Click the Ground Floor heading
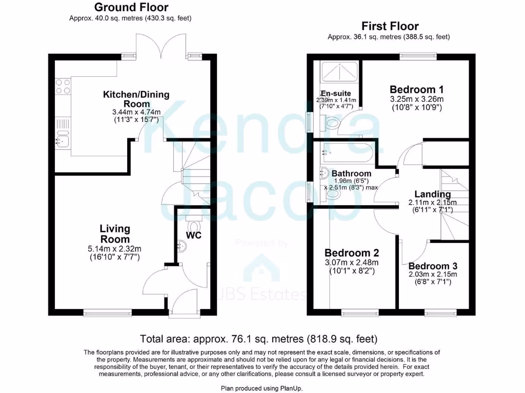pyautogui.click(x=131, y=7)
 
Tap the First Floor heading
pyautogui.click(x=390, y=26)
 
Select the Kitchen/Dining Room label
pyautogui.click(x=136, y=99)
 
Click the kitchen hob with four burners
pyautogui.click(x=63, y=86)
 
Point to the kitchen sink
pyautogui.click(x=63, y=138)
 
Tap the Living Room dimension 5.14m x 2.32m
pyautogui.click(x=115, y=248)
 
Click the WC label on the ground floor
pyautogui.click(x=194, y=236)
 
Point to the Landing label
pyautogui.click(x=433, y=194)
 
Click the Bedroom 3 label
pyautogui.click(x=433, y=266)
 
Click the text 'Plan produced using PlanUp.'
pyautogui.click(x=262, y=388)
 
